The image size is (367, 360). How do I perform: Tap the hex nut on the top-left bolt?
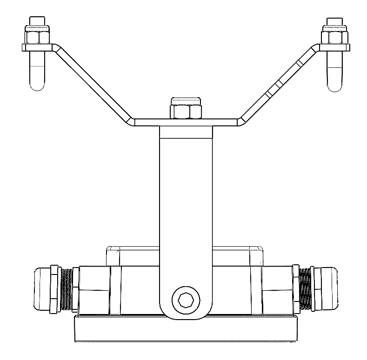(38, 37)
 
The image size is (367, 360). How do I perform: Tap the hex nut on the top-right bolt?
(334, 37)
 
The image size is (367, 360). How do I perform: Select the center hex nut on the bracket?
(186, 111)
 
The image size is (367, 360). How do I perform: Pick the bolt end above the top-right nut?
(334, 22)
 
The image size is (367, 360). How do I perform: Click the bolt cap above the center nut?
(186, 100)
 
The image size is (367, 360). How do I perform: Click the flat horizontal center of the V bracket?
(186, 122)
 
